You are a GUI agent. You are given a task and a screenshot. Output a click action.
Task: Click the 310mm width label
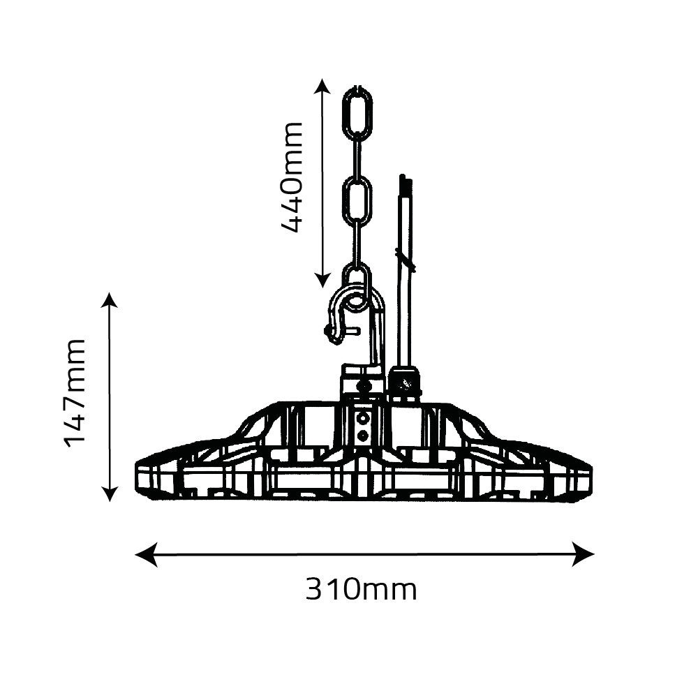pyautogui.click(x=361, y=590)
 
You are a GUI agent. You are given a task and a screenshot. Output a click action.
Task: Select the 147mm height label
pyautogui.click(x=75, y=393)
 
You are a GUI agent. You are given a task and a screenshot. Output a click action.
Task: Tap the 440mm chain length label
pyautogui.click(x=292, y=177)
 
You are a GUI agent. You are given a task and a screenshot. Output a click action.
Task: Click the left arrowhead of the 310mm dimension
pyautogui.click(x=146, y=555)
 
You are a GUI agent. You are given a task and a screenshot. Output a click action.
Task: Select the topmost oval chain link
pyautogui.click(x=357, y=113)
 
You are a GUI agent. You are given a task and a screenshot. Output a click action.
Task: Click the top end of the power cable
pyautogui.click(x=405, y=176)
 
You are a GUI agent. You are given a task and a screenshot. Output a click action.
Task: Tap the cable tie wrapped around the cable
pyautogui.click(x=406, y=260)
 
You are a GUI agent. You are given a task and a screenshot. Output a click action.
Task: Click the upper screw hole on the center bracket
pyautogui.click(x=364, y=418)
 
